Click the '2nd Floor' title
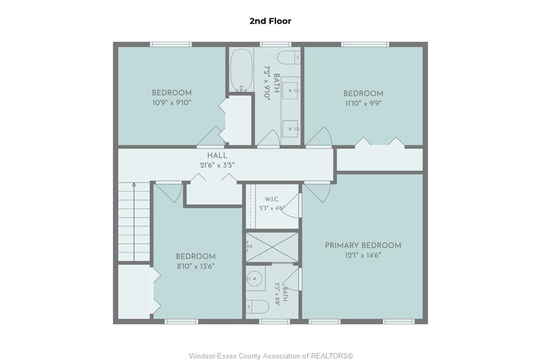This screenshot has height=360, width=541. [270, 21]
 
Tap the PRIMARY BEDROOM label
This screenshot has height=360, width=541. [363, 245]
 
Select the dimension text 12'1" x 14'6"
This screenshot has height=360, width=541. [363, 255]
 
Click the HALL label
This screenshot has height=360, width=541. [217, 156]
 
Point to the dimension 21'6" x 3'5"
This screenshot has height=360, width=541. [217, 165]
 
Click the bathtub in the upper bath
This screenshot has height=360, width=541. [241, 70]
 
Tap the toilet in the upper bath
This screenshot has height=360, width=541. [289, 58]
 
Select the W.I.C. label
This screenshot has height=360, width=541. [272, 200]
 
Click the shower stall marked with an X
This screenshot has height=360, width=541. [272, 247]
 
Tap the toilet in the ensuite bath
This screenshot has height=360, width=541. [257, 306]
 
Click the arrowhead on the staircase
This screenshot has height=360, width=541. [134, 185]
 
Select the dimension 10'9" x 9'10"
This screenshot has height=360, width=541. [172, 102]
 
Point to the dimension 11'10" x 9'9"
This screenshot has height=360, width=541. [363, 103]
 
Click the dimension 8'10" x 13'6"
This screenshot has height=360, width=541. [195, 266]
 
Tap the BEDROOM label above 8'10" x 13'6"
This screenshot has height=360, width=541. [195, 257]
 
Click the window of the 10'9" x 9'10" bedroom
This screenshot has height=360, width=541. [171, 44]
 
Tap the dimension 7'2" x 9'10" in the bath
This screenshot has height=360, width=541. [266, 83]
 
